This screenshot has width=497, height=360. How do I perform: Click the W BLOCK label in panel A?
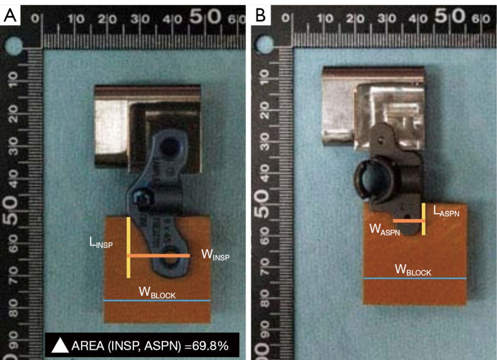157,293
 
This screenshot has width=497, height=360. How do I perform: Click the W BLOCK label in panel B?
412,271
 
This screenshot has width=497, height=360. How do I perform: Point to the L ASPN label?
447,212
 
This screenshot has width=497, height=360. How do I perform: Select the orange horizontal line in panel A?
159,256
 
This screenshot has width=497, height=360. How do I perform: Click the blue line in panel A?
157,301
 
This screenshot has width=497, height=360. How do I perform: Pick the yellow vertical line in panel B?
423,219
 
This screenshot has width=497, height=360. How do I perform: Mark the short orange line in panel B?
408,221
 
